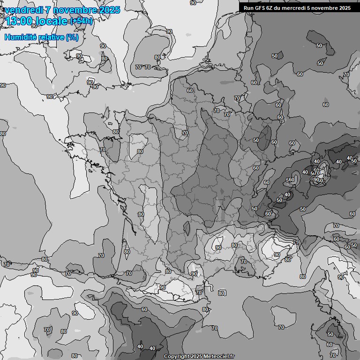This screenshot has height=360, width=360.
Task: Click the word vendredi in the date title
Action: (x=23, y=10)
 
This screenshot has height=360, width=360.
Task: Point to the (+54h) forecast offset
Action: (x=81, y=21)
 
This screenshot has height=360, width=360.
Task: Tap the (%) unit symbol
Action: (x=72, y=37)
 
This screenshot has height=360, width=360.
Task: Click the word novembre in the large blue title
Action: (x=75, y=10)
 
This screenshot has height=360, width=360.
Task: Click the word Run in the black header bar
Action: (x=248, y=7)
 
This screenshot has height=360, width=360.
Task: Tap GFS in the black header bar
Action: (x=260, y=7)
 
